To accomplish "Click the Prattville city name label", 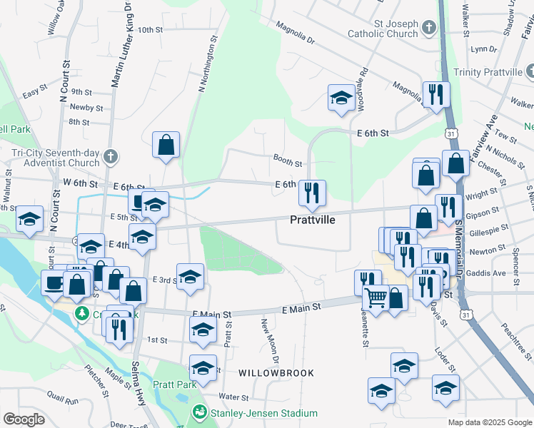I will click(x=313, y=220).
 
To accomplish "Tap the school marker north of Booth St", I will click(x=341, y=97).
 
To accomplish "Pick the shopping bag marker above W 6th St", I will click(x=166, y=145).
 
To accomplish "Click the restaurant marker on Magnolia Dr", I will click(x=434, y=94).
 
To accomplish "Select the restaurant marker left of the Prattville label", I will click(x=312, y=192).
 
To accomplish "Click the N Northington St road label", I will click(x=207, y=64).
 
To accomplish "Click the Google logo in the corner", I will click(x=24, y=419).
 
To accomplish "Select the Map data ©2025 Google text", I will click(x=490, y=422).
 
